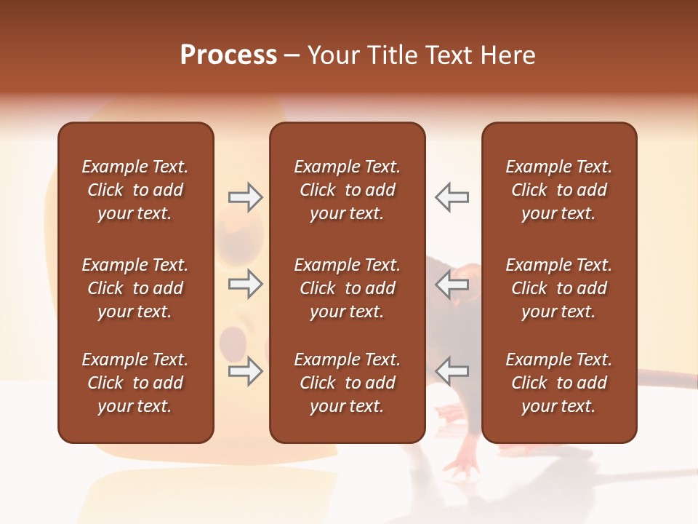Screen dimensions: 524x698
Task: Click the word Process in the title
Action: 228,55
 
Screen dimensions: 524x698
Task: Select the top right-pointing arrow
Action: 245,197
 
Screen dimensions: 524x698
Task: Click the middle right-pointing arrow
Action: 245,284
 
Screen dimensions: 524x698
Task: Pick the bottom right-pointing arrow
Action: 245,371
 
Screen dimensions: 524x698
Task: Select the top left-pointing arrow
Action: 452,197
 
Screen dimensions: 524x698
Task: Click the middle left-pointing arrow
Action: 452,284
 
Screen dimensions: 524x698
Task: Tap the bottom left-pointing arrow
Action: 452,371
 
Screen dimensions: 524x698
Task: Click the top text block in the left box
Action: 135,190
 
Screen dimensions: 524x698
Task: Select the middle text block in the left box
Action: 135,288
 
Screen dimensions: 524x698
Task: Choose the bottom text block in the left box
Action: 135,383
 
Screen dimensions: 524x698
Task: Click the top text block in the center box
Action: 347,190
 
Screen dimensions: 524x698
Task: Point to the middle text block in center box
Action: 347,288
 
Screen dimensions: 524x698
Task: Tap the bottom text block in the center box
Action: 347,383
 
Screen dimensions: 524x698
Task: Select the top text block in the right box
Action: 558,190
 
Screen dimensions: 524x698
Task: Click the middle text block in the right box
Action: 558,288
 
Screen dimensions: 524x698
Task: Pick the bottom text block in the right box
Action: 558,383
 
